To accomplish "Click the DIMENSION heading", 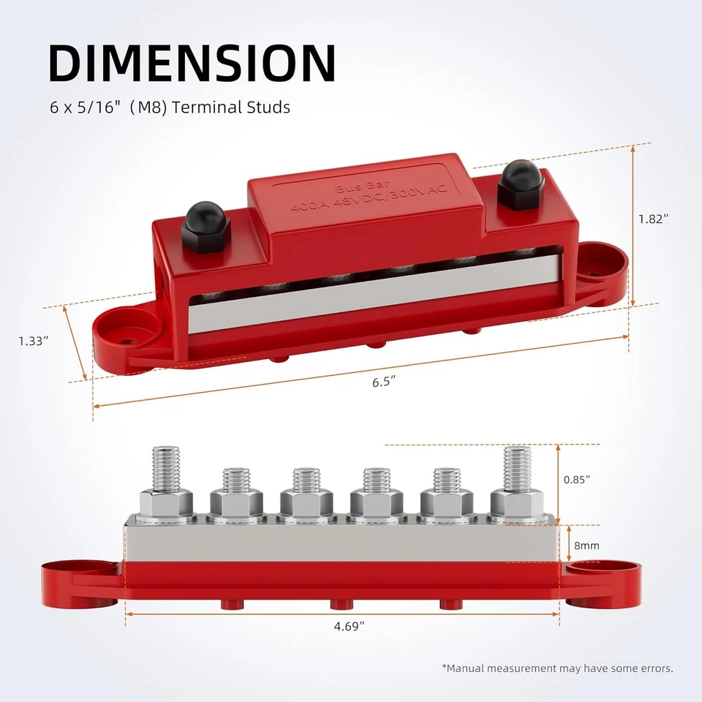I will click(192, 64).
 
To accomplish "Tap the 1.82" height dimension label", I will click(653, 219).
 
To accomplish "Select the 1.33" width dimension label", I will click(34, 341).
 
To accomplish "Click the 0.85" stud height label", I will click(577, 480).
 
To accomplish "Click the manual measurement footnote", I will click(557, 668).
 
